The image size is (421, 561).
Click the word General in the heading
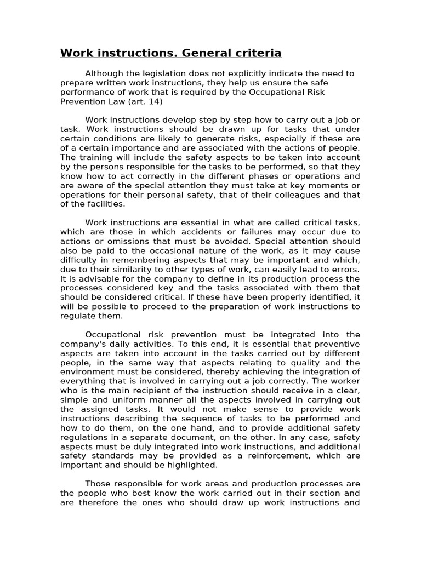click(202, 53)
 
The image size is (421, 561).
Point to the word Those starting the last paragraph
click(98, 484)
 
